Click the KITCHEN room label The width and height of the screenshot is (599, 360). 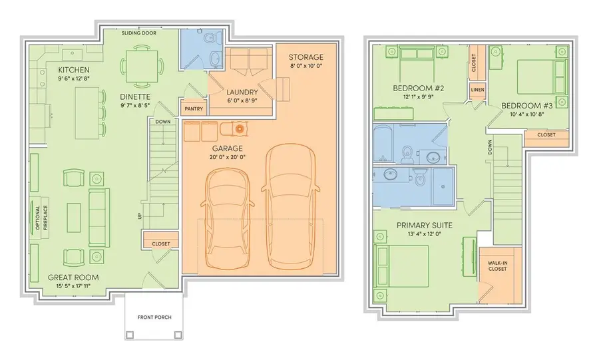coord(74,70)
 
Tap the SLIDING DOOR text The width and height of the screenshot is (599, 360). coord(139,32)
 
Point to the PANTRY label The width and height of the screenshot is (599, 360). coord(194,108)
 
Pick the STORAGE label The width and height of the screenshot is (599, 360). coord(306,57)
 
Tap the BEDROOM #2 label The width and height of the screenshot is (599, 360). coord(420,89)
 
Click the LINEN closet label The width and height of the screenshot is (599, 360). coord(477,89)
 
